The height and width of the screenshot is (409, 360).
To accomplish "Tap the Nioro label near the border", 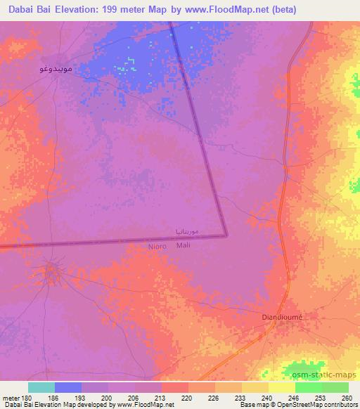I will pyautogui.click(x=157, y=246).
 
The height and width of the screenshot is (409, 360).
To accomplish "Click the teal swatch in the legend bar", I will pyautogui.click(x=41, y=387).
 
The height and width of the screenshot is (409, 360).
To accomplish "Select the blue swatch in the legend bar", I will pyautogui.click(x=68, y=387).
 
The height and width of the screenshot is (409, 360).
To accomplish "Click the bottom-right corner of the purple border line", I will pyautogui.click(x=226, y=235).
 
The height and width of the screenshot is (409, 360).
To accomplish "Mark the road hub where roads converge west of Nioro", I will pyautogui.click(x=51, y=270).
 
